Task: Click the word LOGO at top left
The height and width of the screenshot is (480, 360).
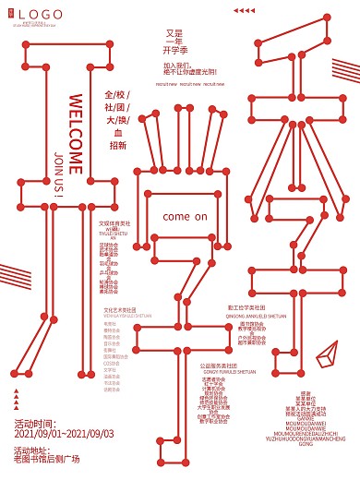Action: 41,13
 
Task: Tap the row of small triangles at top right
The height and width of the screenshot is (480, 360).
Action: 244,10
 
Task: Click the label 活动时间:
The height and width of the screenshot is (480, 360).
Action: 37,425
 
